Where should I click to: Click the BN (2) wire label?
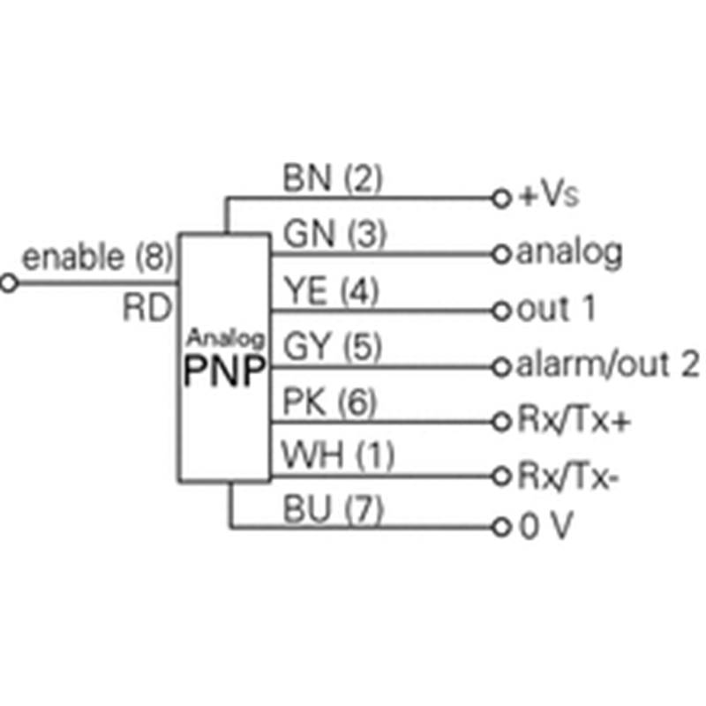click(333, 180)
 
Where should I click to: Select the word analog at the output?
click(569, 254)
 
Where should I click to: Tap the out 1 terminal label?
click(556, 309)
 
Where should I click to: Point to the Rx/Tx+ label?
click(574, 421)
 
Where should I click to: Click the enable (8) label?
click(97, 258)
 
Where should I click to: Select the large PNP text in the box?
click(224, 372)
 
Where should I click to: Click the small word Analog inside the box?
click(226, 337)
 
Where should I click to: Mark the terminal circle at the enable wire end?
click(10, 284)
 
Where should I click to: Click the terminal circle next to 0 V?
click(504, 530)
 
